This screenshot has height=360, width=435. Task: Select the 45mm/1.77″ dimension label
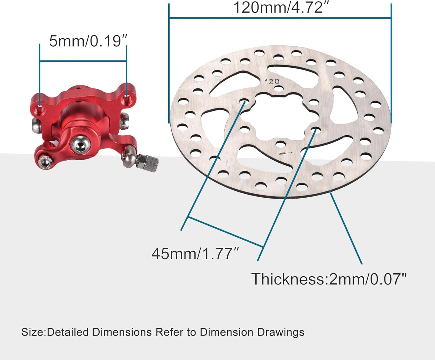pyautogui.click(x=196, y=253)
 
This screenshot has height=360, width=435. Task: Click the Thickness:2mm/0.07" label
pyautogui.click(x=329, y=279)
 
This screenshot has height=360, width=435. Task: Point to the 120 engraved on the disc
pyautogui.click(x=272, y=82)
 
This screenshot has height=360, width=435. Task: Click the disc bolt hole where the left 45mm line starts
pyautogui.click(x=244, y=102)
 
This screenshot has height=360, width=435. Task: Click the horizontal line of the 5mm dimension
pyautogui.click(x=83, y=61)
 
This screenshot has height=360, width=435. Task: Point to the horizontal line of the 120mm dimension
pyautogui.click(x=280, y=18)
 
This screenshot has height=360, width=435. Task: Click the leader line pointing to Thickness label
pyautogui.click(x=346, y=229)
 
